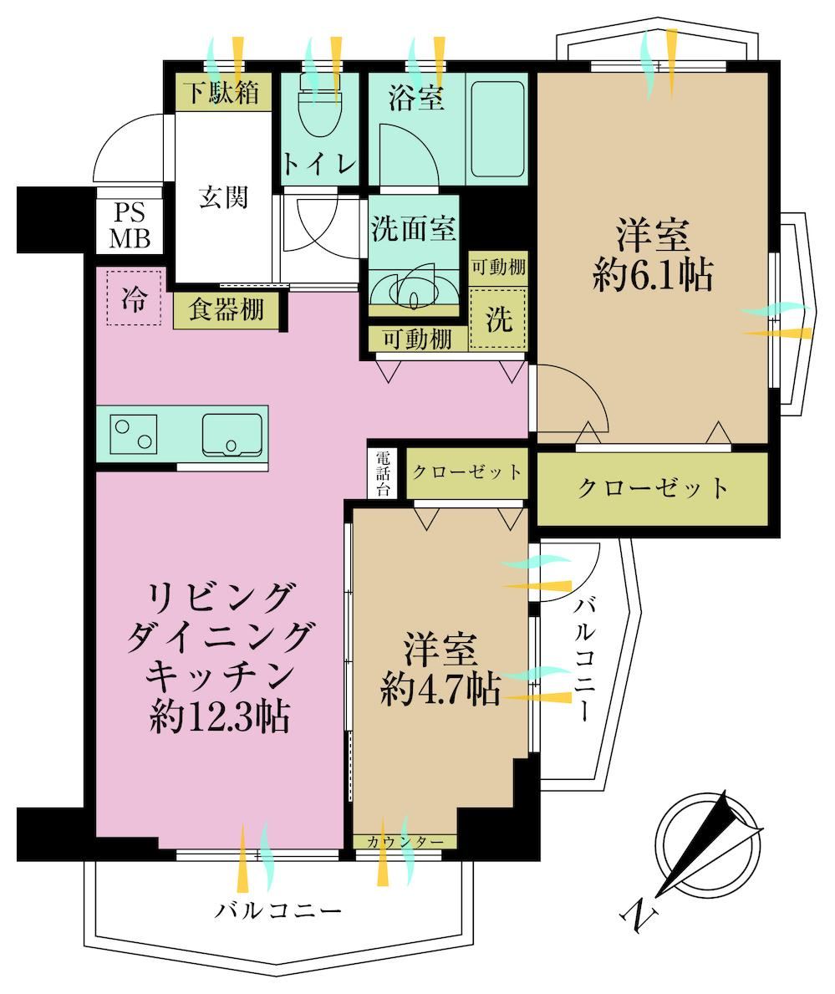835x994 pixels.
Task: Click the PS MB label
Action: point(130,226)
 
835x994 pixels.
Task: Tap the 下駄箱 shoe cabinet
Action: point(223,93)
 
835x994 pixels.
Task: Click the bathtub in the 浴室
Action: point(497,130)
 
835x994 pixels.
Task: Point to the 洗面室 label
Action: point(413,228)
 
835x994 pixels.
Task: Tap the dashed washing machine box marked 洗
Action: point(498,319)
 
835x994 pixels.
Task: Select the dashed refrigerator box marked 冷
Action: point(134,298)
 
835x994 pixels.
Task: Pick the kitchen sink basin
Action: point(232,435)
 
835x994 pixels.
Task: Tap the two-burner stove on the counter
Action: point(134,434)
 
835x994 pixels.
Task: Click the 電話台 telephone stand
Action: point(383,473)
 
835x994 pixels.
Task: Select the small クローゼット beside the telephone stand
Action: point(466,472)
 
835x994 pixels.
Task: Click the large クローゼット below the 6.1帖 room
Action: point(653,488)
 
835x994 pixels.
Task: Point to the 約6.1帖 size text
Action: point(653,275)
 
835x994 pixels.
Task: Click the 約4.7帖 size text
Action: point(440,689)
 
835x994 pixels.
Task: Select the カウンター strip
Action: point(405,842)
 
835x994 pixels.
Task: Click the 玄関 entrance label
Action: point(223,198)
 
